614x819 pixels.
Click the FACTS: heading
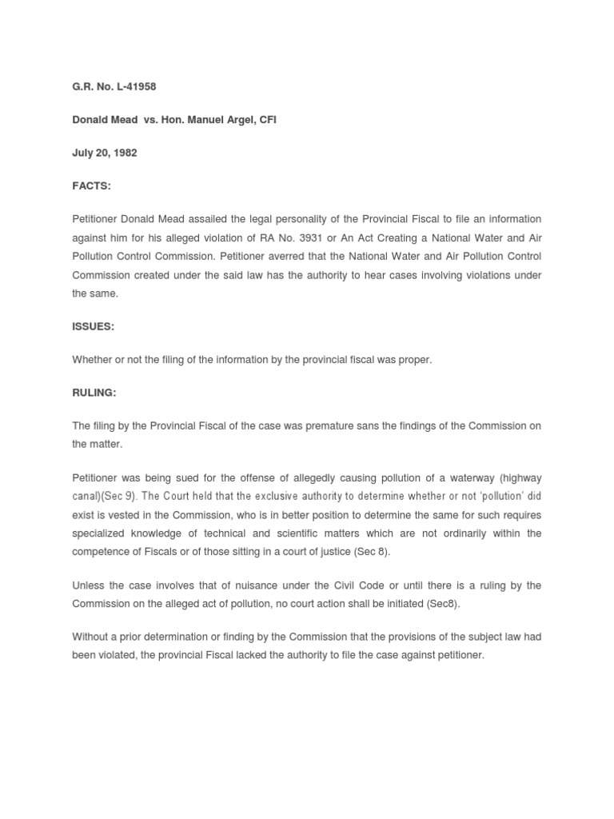91,186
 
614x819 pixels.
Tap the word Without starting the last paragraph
92,637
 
